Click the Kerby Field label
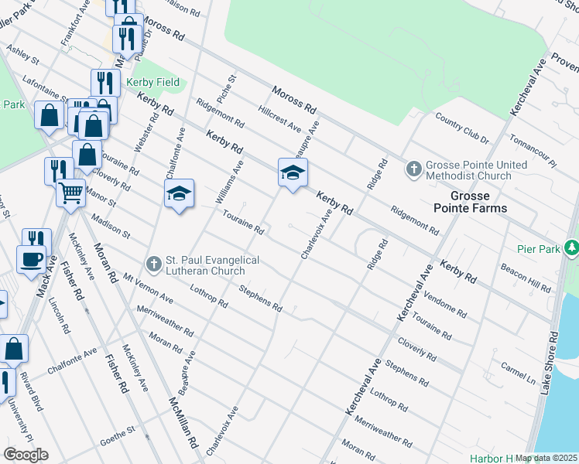click(153, 82)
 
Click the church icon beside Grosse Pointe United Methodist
click(414, 169)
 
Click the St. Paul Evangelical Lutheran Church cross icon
click(153, 264)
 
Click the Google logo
click(25, 455)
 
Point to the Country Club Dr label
click(462, 128)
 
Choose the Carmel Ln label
click(519, 372)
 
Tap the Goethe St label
click(121, 439)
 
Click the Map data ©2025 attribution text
click(546, 458)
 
